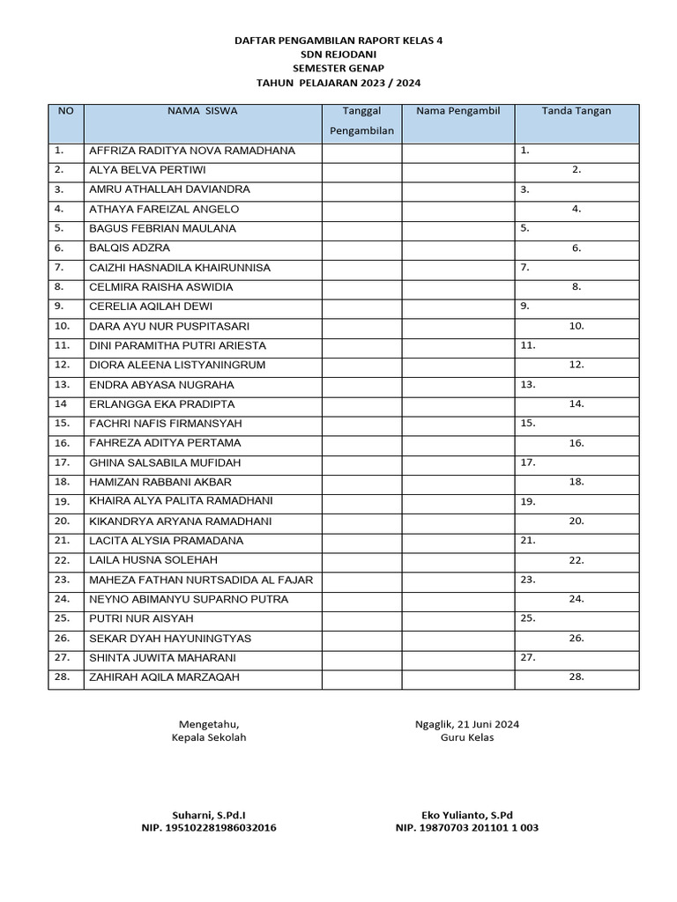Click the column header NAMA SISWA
[x=202, y=111]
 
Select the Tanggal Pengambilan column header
[x=361, y=122]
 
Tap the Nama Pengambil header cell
[x=458, y=111]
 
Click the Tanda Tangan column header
[x=576, y=111]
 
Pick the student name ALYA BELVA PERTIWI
[x=147, y=170]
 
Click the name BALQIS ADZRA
[x=130, y=248]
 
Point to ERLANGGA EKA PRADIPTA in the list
[x=162, y=404]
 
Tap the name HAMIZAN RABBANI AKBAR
[x=160, y=482]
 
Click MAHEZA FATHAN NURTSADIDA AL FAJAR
[x=201, y=580]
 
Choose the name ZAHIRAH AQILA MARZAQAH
[x=164, y=677]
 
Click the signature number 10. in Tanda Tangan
[x=577, y=326]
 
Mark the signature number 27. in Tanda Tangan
[x=528, y=657]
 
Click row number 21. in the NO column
[x=62, y=540]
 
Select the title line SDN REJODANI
[x=338, y=54]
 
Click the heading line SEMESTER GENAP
[x=338, y=68]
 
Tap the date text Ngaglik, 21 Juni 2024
[x=467, y=724]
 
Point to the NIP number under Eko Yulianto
[x=467, y=828]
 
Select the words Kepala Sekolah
[x=209, y=737]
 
